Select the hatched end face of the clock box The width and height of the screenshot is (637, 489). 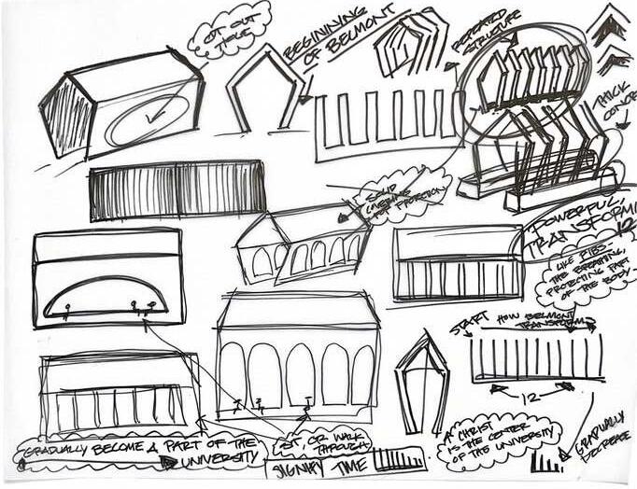[x=65, y=119]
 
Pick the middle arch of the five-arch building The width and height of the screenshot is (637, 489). [x=299, y=373]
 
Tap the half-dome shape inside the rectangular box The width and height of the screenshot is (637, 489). [x=106, y=297]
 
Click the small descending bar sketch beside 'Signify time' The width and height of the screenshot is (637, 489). [x=399, y=460]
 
